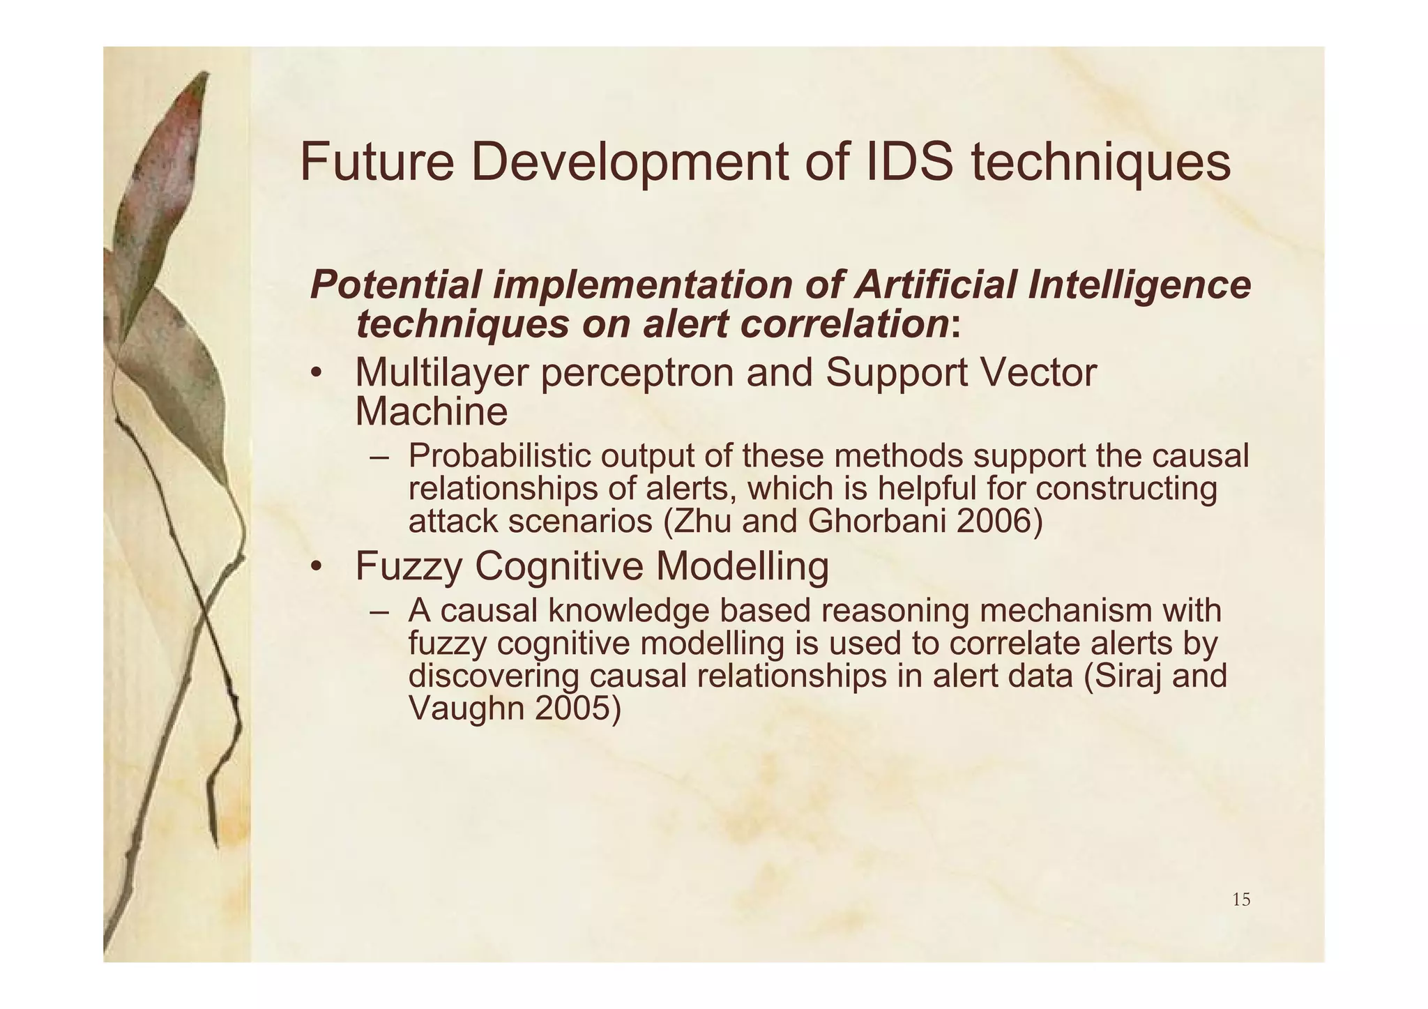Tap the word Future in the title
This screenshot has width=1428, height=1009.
[377, 162]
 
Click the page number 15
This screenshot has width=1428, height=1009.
[1241, 900]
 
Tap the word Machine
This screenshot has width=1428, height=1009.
[431, 411]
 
